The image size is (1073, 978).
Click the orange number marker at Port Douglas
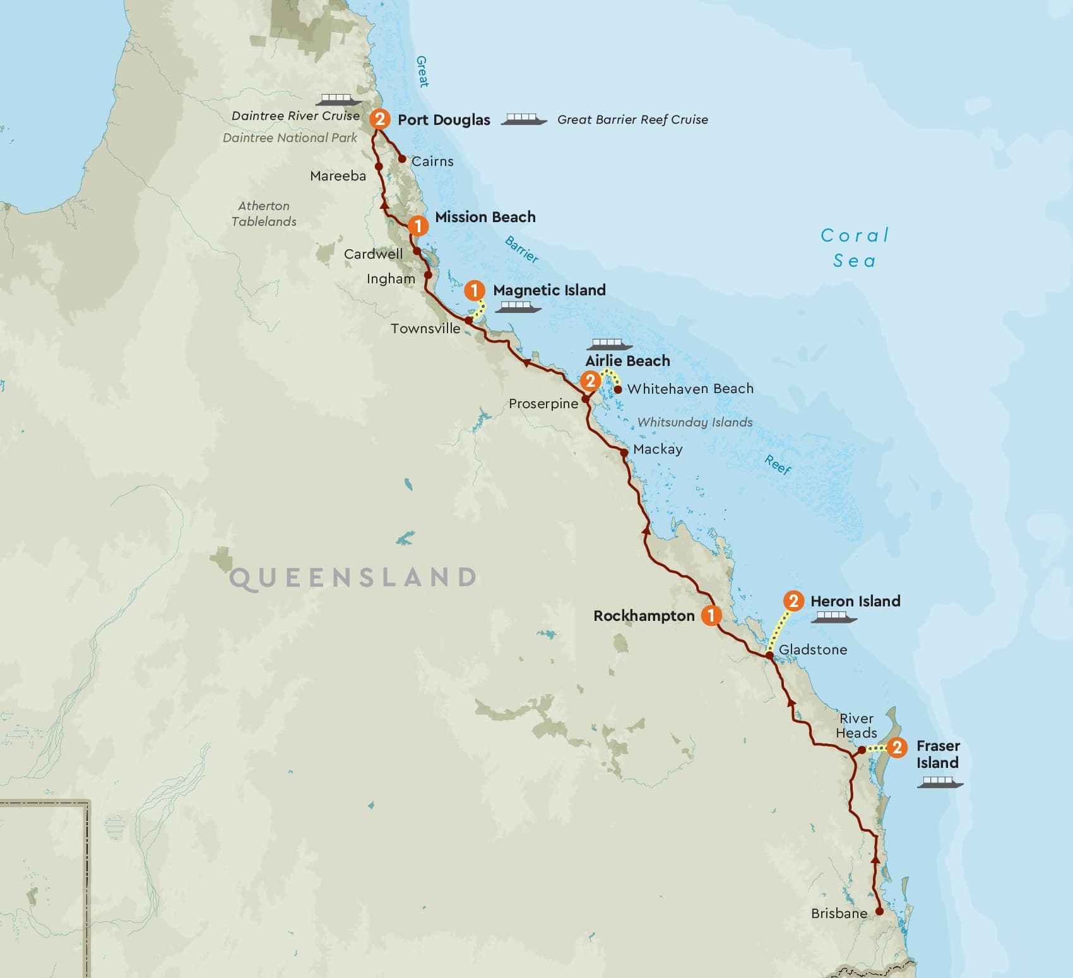point(379,119)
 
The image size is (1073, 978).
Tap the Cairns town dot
point(402,159)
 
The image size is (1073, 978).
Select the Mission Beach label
point(485,217)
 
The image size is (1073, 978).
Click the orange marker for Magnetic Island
point(474,291)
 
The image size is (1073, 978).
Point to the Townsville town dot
point(468,321)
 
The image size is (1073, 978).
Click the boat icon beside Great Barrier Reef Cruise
point(524,119)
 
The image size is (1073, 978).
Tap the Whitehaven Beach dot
point(618,389)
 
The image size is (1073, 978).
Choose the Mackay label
point(658,449)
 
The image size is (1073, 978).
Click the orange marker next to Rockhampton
point(711,615)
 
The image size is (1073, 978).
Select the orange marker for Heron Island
point(793,601)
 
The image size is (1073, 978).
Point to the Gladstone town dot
point(769,656)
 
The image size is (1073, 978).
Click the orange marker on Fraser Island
point(897,748)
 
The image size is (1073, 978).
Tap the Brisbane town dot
point(879,911)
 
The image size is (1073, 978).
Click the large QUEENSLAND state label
point(353,578)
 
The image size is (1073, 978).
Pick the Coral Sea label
point(855,248)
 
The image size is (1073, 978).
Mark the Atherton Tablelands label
point(264,214)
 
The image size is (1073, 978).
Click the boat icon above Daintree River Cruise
point(339,99)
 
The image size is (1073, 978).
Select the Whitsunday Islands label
point(695,422)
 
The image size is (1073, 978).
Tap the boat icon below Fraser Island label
point(940,782)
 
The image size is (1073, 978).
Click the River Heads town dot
point(862,750)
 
